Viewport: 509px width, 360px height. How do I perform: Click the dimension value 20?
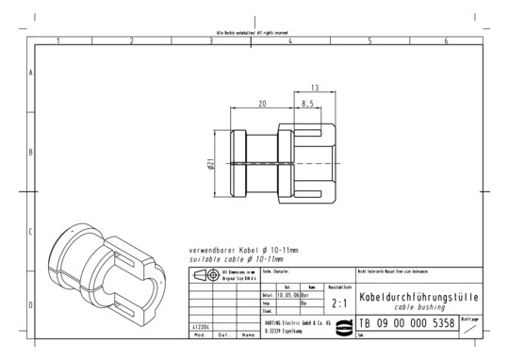(x=261, y=105)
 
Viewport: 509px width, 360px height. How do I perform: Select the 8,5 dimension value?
(x=306, y=105)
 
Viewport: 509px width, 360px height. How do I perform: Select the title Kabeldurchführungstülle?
(x=419, y=297)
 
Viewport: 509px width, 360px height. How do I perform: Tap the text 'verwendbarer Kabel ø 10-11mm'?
(x=243, y=249)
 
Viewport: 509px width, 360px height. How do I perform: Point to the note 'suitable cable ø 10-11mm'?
(x=237, y=257)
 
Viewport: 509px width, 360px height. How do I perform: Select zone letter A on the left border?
(x=31, y=73)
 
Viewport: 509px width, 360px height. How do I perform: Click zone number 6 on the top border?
(x=445, y=41)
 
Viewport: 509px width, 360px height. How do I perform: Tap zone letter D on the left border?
(x=31, y=305)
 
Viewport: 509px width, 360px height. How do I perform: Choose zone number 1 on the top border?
(x=57, y=41)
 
